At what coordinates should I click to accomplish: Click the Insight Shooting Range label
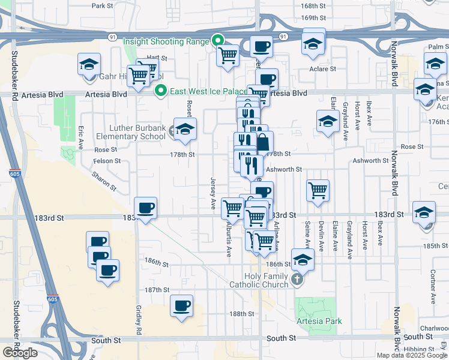point(166,41)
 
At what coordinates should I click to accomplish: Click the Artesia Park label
point(319,321)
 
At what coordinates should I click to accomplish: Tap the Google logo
point(20,353)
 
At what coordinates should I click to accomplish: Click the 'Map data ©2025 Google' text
point(412,355)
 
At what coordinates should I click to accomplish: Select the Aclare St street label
point(324,69)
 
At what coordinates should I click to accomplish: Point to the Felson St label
point(107,161)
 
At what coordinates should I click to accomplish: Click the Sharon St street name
point(104,180)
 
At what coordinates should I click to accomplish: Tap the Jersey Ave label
point(213,193)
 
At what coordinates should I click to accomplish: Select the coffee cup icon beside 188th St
point(181,306)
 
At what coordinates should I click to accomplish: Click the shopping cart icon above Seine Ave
point(318,191)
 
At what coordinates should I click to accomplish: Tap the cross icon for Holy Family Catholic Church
point(297,279)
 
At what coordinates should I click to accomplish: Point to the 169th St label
point(313,18)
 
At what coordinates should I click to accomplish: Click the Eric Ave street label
point(81,137)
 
